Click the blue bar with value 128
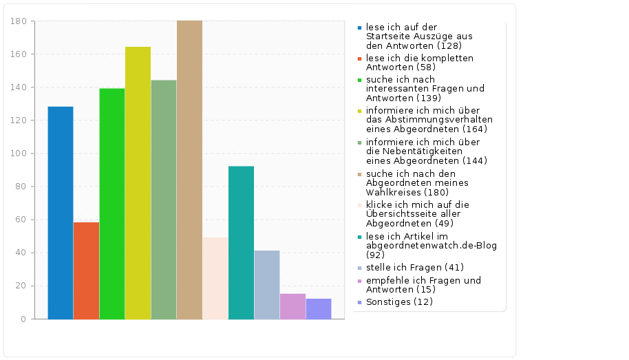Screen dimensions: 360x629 pos(61,213)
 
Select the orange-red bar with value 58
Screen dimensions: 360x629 pos(86,271)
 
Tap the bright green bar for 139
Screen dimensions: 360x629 pos(112,204)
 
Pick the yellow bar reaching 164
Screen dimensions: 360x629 pos(138,183)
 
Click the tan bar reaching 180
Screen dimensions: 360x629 pos(189,170)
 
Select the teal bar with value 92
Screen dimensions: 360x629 pos(241,242)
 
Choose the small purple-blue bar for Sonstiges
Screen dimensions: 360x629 pos(319,308)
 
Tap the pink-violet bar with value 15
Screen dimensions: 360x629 pos(292,306)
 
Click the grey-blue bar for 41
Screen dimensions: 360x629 pos(267,284)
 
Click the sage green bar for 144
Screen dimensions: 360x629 pos(164,200)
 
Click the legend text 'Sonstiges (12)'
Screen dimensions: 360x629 pos(399,301)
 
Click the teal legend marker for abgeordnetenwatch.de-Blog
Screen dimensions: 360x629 pos(359,237)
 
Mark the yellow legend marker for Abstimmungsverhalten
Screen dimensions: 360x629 pos(359,110)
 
